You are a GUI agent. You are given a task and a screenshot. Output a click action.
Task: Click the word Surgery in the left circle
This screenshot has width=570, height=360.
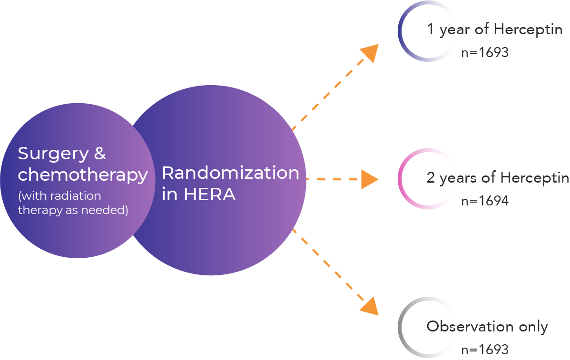point(53,154)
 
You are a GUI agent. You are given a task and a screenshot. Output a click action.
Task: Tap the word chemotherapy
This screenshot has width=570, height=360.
point(83,175)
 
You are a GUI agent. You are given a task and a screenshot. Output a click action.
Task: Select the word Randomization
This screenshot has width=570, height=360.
point(230,173)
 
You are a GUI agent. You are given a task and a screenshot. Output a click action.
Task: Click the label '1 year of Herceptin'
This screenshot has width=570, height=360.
point(494,29)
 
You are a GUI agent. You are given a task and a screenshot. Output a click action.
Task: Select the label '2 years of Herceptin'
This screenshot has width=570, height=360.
point(497,178)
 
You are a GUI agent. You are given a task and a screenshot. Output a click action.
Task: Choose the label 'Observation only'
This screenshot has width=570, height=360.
point(487,327)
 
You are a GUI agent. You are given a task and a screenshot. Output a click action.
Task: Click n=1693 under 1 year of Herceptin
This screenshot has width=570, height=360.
point(484,52)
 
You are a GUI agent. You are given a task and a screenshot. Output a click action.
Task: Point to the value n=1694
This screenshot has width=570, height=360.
point(484,201)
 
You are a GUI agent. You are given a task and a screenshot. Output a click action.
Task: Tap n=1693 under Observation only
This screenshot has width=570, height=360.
point(484,350)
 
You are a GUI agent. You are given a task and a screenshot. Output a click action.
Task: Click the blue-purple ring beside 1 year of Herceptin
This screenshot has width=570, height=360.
point(401,31)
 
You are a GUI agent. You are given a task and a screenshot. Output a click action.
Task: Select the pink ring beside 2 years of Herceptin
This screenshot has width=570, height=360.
point(401,179)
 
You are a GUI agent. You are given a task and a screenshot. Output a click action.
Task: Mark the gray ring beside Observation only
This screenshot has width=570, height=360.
point(401,328)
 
